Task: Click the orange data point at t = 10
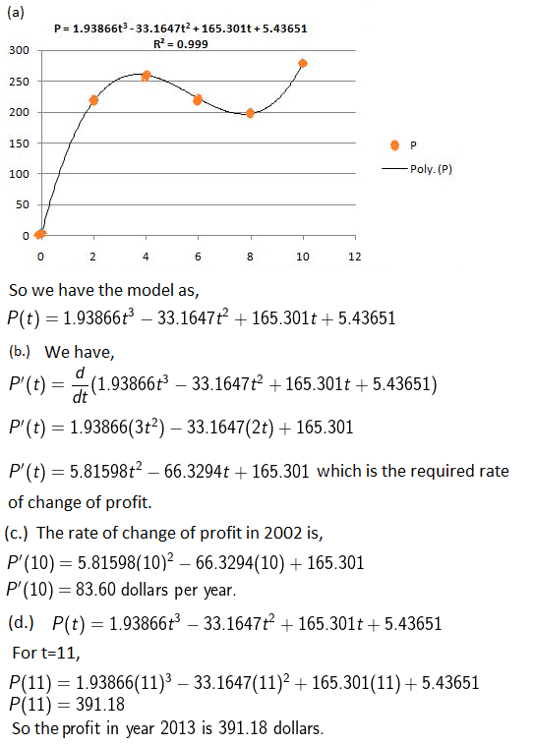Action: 303,63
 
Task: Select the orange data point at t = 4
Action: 146,76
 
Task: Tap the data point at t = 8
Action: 250,113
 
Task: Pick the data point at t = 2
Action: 93,100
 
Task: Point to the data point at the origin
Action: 40,234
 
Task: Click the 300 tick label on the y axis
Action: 19,50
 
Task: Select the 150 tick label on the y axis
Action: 19,143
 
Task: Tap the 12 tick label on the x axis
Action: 355,257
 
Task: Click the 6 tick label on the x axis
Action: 198,257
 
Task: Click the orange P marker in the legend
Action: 394,145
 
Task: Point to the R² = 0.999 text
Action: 181,43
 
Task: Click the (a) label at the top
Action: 15,13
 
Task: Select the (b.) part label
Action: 20,351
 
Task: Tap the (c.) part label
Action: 16,533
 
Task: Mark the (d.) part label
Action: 21,622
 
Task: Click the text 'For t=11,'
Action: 46,653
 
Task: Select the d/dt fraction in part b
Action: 80,385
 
